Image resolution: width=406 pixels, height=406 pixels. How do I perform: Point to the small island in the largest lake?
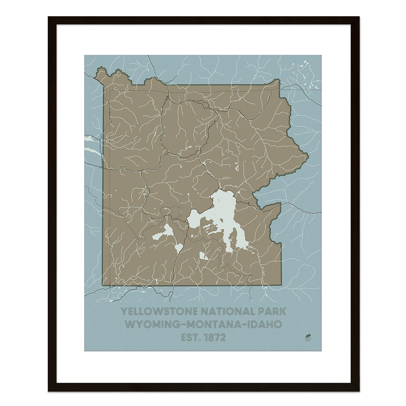tap(219, 200)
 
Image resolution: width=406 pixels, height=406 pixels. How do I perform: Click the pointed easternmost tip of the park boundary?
tap(308, 156)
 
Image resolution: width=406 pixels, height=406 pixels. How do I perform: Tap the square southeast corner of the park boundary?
tap(281, 285)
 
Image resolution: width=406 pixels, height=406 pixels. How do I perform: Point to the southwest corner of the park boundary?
tap(103, 285)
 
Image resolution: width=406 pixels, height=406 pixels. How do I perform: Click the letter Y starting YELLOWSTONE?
tap(124, 312)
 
